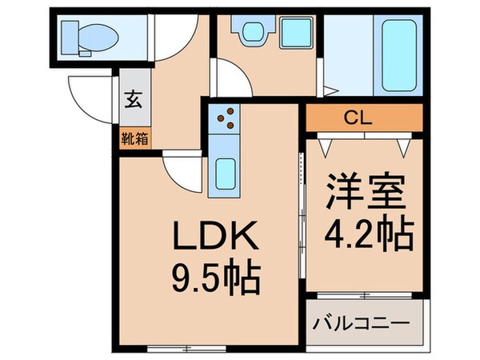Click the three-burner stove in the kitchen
click(x=224, y=118)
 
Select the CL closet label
click(x=364, y=118)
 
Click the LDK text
click(x=214, y=238)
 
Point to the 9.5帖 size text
click(x=214, y=280)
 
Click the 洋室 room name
click(x=365, y=190)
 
